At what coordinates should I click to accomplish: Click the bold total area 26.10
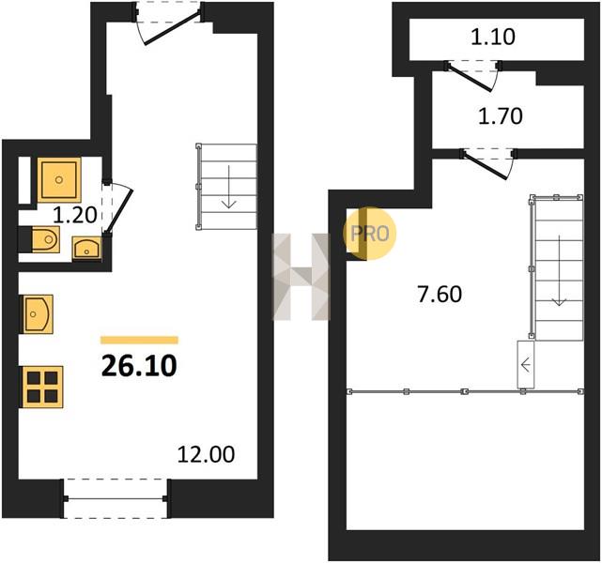click(x=139, y=366)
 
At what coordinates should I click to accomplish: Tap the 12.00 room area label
click(x=206, y=454)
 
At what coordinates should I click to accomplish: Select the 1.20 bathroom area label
click(x=75, y=215)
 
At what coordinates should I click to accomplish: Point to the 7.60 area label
click(x=440, y=294)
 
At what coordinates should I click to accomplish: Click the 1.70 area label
click(x=501, y=115)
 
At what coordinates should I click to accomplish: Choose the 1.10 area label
click(x=493, y=37)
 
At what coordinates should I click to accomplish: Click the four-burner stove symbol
click(x=42, y=387)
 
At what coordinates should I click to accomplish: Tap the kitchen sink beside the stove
click(x=38, y=314)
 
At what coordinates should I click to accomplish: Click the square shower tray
click(x=59, y=179)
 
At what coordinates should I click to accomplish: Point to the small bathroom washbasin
click(x=87, y=248)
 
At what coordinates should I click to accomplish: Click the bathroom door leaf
click(x=120, y=211)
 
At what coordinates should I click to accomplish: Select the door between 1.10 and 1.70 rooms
click(x=470, y=78)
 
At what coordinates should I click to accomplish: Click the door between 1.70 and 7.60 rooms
click(x=486, y=165)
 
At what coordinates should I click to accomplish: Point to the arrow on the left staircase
click(x=229, y=187)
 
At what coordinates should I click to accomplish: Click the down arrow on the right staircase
click(x=559, y=271)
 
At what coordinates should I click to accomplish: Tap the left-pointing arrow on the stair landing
click(x=526, y=364)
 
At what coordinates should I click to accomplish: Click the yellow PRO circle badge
click(x=370, y=234)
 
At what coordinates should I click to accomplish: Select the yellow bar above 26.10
click(x=139, y=341)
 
